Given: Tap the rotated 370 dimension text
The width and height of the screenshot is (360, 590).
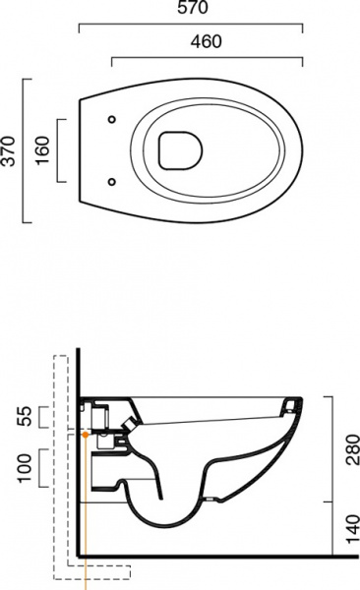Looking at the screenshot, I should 11,151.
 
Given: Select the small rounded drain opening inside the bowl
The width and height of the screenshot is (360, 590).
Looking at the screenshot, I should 179,150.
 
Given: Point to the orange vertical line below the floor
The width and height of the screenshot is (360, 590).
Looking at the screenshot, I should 88,575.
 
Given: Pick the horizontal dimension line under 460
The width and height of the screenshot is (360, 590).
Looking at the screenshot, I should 206,56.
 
